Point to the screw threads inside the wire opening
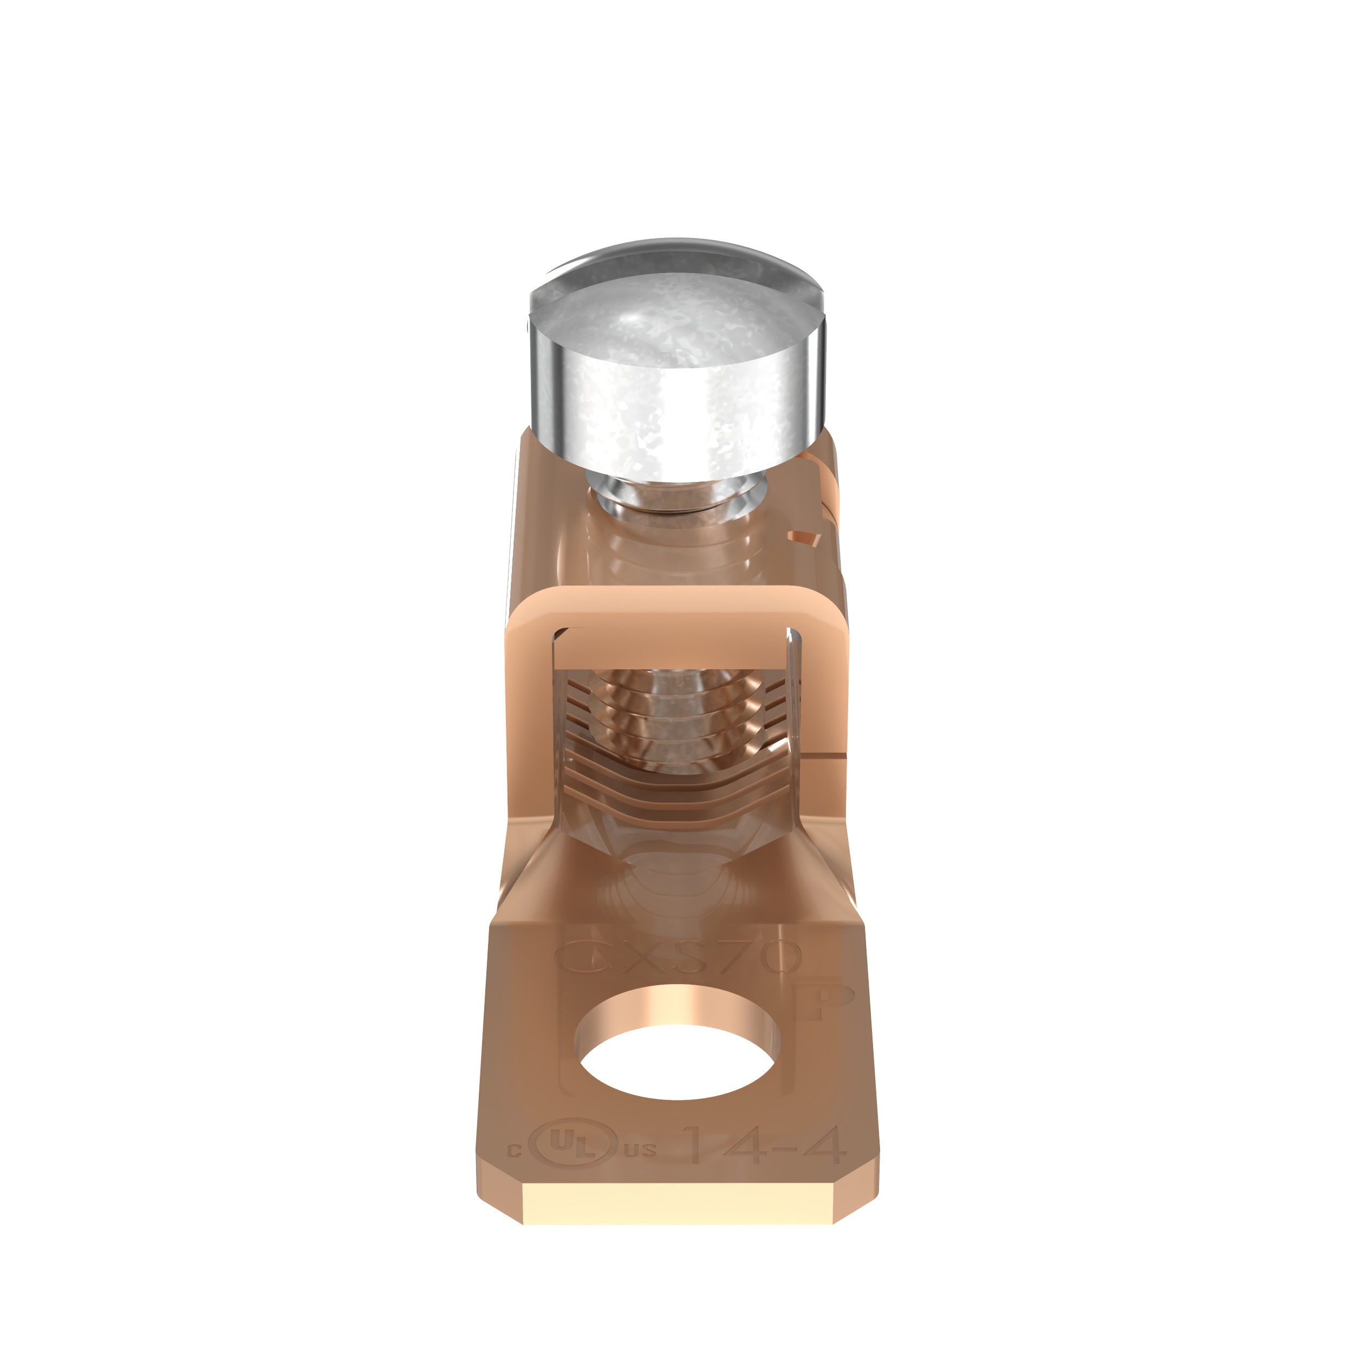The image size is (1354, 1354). pos(677,708)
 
